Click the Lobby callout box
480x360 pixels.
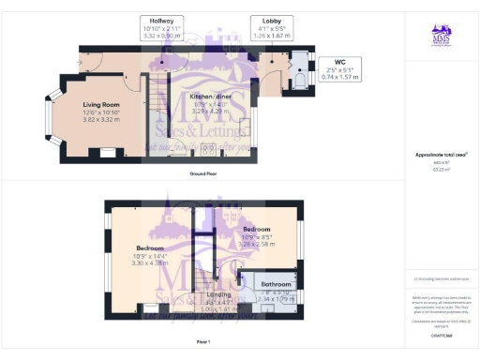click(x=271, y=27)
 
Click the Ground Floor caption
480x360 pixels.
click(x=204, y=173)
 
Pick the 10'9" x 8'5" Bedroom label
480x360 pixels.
click(x=256, y=230)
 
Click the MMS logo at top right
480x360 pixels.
click(x=441, y=35)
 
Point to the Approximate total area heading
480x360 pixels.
click(x=441, y=154)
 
